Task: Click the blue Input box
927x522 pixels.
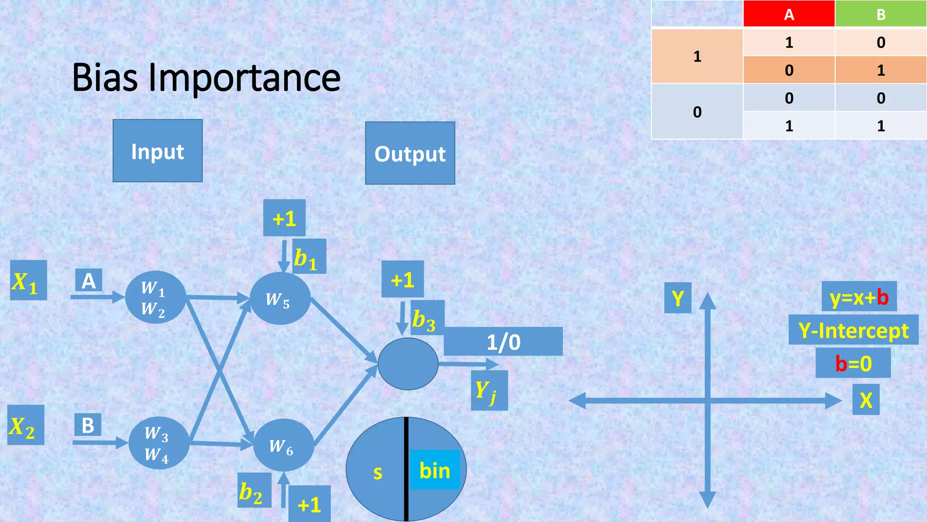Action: click(158, 151)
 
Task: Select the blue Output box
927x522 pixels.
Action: click(410, 153)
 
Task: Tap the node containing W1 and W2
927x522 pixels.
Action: click(155, 297)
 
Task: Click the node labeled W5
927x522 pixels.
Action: click(280, 299)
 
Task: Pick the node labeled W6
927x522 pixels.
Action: click(283, 445)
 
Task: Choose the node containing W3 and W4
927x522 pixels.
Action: click(159, 443)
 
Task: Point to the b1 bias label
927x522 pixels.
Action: click(309, 257)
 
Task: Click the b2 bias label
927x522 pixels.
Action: click(254, 491)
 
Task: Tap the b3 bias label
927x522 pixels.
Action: click(427, 318)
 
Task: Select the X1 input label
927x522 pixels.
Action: click(29, 280)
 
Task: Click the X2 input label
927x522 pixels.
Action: click(26, 425)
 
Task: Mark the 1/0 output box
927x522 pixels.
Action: click(503, 342)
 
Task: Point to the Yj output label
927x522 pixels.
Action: click(489, 391)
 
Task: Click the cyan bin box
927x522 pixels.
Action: click(435, 470)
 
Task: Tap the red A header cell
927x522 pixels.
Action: click(789, 14)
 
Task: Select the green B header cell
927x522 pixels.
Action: click(880, 14)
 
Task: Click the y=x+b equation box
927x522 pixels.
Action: click(859, 297)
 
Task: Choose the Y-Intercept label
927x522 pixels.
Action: click(853, 330)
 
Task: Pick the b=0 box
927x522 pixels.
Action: click(853, 363)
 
